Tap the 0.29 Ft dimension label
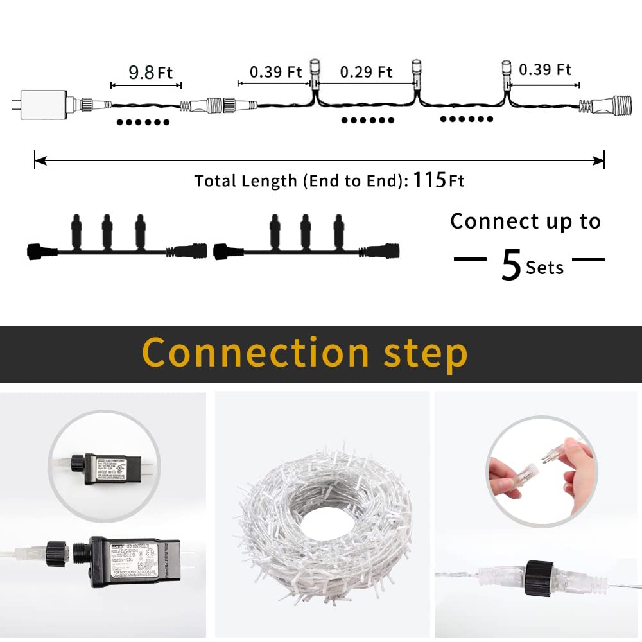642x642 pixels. [x=366, y=71]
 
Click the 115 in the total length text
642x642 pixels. [x=429, y=180]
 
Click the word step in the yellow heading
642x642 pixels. [x=424, y=354]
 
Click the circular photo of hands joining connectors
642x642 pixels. [x=541, y=471]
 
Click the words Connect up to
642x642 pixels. [x=525, y=221]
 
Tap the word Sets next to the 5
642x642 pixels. [x=544, y=268]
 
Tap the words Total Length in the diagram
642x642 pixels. [x=247, y=181]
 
